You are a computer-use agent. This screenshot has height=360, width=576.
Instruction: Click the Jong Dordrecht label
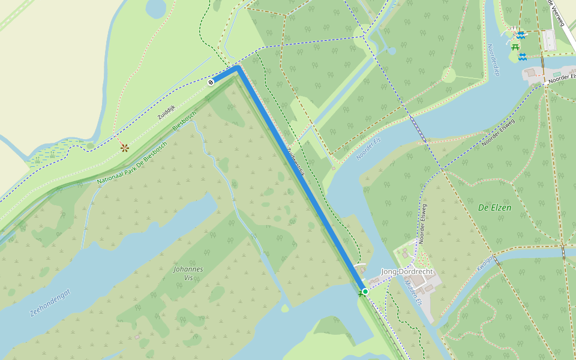point(407,272)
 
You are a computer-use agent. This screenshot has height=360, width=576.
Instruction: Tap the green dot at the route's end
point(365,291)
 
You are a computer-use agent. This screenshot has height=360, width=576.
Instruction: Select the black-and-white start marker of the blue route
point(211,82)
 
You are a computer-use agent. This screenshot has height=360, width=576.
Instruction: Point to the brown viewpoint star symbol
point(125,147)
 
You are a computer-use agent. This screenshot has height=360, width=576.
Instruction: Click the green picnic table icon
point(515,46)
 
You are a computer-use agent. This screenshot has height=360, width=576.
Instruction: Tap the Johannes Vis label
point(188,274)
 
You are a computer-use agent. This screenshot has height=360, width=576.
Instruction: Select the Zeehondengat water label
point(50,302)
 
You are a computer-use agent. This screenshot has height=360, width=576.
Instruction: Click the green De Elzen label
point(495,208)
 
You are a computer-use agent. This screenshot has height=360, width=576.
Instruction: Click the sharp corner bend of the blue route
point(238,68)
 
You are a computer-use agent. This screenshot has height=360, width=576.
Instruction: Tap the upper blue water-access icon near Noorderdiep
point(522,35)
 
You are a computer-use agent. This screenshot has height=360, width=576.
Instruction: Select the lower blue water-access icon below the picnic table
point(523,57)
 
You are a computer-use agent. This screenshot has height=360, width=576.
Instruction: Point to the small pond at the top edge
point(155,7)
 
